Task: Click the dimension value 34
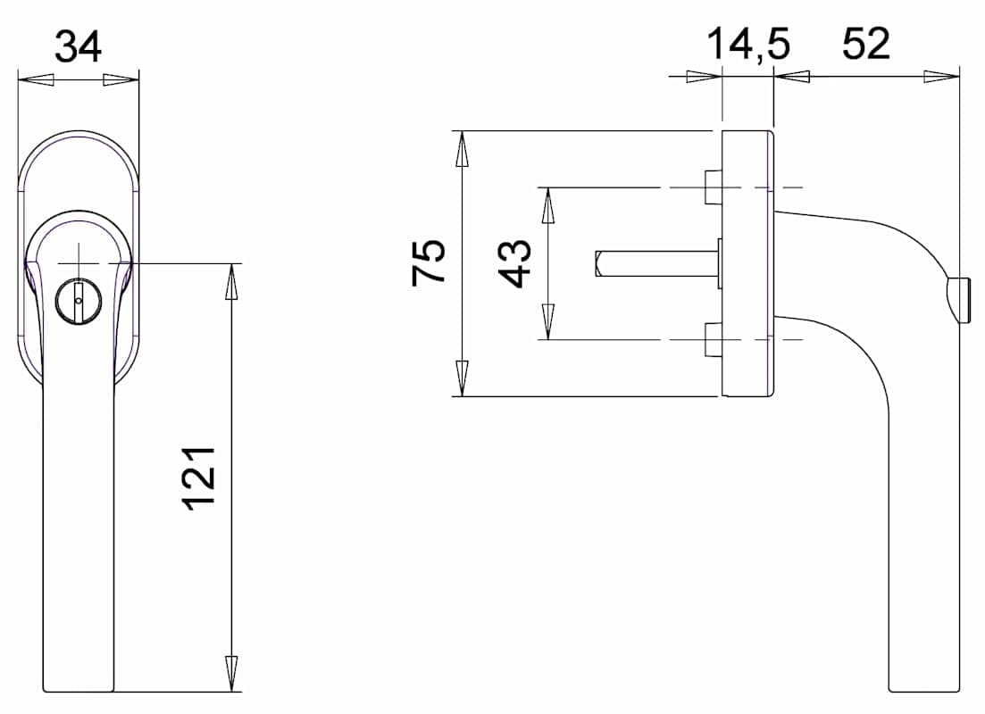78,47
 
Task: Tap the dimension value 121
199,477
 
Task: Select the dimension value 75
429,262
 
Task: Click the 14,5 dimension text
748,45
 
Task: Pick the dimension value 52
865,44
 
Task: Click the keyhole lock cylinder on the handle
78,301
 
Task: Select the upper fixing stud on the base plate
713,187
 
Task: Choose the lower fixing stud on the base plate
713,340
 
